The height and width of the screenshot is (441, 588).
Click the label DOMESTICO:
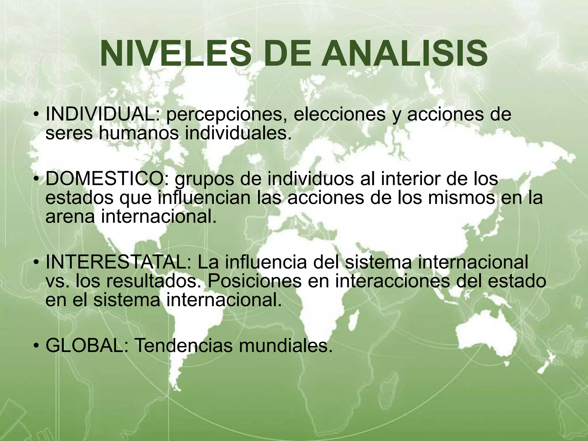[108, 179]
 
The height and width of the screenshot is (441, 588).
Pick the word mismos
[461, 198]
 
